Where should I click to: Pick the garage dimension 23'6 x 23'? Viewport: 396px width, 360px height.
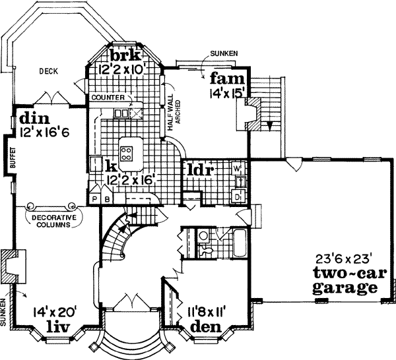point(344,259)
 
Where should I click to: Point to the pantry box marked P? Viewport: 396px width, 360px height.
point(95,198)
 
